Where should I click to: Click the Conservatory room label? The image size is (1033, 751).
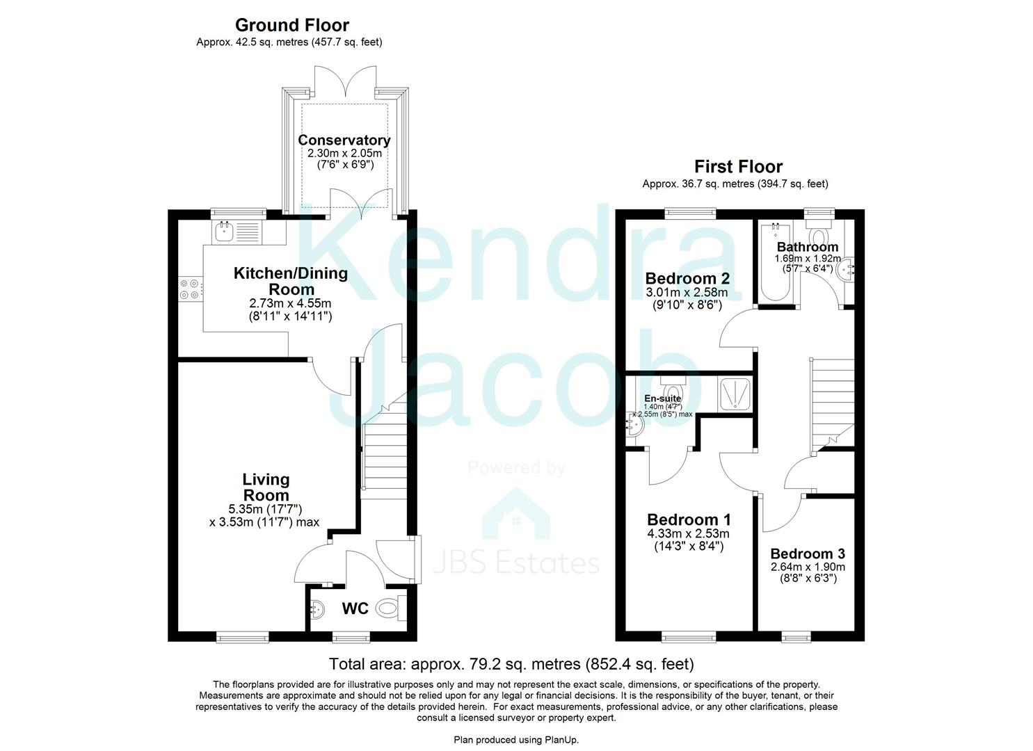pos(344,140)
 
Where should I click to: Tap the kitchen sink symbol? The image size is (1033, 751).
pos(224,232)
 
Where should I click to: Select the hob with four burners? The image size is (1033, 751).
pos(190,289)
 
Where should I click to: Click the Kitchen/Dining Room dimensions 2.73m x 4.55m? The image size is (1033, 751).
pos(290,303)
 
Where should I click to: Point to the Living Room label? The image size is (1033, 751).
pos(266,487)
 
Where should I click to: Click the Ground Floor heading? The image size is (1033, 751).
pos(292,25)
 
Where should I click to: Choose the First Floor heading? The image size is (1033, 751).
pos(738,167)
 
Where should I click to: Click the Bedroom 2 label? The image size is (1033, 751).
pos(687,278)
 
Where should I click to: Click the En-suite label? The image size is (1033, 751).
pos(662,398)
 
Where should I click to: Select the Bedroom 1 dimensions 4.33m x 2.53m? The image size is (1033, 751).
pos(687,534)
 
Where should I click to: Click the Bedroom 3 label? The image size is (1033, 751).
pos(808,554)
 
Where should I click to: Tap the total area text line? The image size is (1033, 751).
pos(511,663)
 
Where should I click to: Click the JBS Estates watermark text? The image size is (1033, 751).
pos(516,562)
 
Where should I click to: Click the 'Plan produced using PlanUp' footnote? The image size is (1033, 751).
pos(516,740)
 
